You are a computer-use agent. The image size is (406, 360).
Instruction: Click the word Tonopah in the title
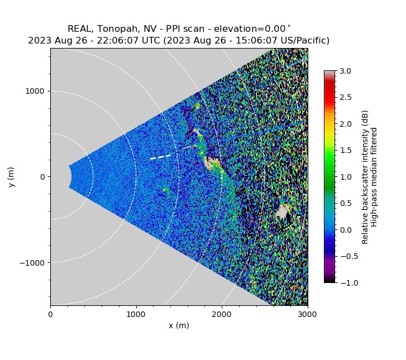[x=113, y=29]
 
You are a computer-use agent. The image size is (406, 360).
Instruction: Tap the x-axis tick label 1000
[x=136, y=314]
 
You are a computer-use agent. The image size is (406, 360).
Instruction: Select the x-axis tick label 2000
[x=222, y=314]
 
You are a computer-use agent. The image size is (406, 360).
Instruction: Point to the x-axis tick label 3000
[x=307, y=314]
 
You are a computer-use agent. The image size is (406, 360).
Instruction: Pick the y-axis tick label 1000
[x=36, y=91]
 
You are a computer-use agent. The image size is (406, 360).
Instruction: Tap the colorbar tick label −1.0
[x=345, y=283]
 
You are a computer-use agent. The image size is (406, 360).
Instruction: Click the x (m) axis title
[x=179, y=325]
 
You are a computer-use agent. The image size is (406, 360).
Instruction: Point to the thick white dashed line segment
[x=161, y=157]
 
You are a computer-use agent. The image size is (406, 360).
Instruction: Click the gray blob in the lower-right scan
[x=282, y=212]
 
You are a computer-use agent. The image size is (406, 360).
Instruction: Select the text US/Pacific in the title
[x=304, y=41]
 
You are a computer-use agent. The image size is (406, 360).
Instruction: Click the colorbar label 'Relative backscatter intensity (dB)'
[x=365, y=177]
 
